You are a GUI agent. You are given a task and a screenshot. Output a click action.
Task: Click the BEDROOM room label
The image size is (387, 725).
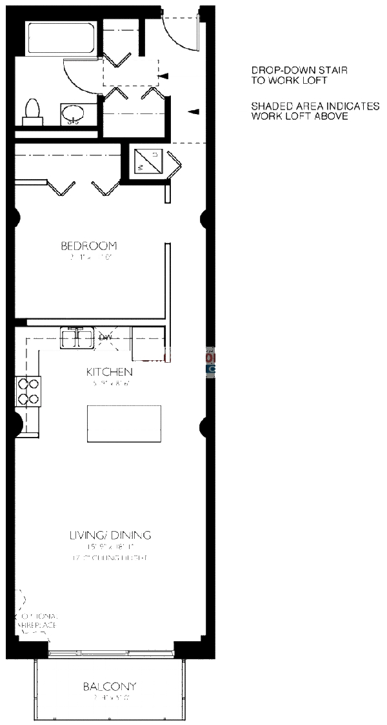(89, 246)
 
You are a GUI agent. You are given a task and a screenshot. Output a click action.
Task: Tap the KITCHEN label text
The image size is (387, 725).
(109, 372)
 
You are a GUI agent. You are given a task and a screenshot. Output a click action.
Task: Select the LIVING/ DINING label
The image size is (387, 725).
(110, 535)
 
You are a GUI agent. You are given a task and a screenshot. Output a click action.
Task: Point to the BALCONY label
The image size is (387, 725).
(110, 686)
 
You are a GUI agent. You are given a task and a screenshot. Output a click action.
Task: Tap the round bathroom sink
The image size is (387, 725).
(72, 115)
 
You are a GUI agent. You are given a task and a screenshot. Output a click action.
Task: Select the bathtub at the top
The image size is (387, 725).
(61, 39)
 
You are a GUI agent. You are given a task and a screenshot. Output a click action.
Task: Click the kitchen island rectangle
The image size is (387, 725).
(124, 423)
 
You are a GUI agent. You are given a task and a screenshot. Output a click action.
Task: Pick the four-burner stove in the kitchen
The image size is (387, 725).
(27, 391)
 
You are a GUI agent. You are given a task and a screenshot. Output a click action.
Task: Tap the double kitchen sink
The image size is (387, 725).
(77, 337)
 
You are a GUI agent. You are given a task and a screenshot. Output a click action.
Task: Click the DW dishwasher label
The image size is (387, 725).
(105, 337)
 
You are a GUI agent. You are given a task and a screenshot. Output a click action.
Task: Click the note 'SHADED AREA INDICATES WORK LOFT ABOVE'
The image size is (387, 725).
(315, 111)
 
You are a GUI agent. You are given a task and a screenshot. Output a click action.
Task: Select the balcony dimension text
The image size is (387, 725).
(110, 698)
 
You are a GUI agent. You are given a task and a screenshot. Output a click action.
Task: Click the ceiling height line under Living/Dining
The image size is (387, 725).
(110, 557)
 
